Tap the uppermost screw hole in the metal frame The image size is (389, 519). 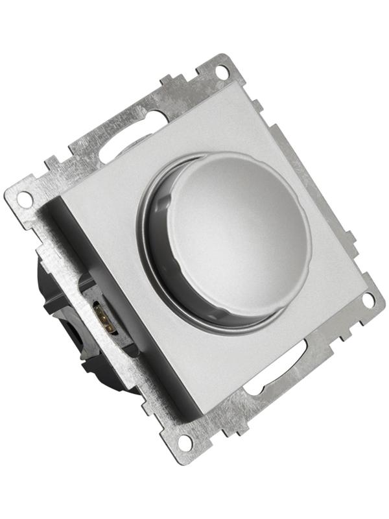[x=222, y=71]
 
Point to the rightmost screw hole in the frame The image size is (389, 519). [x=368, y=300]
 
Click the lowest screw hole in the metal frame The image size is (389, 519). [x=185, y=442]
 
